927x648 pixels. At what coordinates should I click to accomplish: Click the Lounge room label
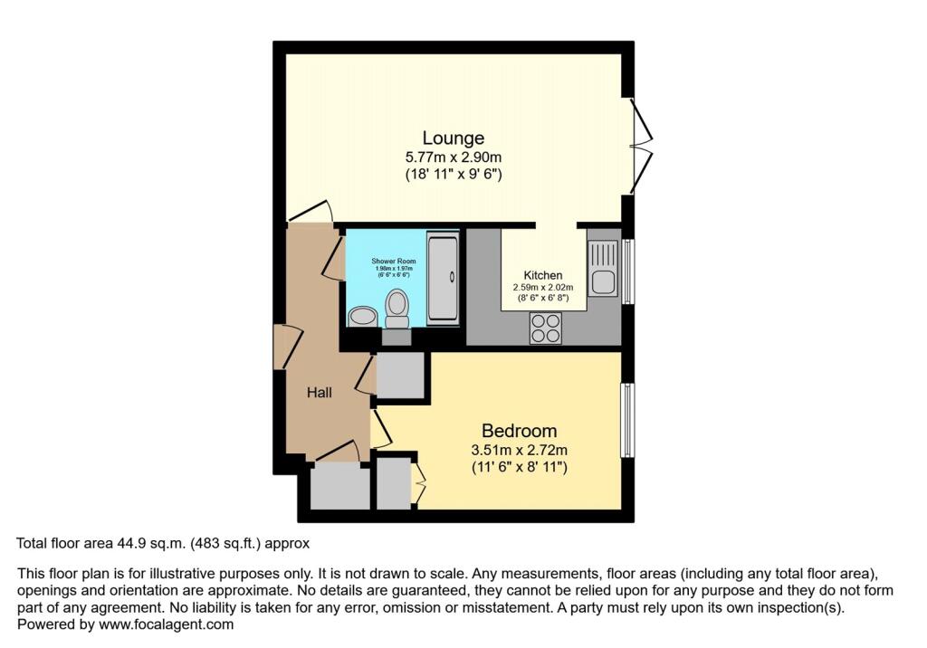(454, 138)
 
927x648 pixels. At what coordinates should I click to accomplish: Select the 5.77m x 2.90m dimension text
(454, 157)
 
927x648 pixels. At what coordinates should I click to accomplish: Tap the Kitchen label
(543, 275)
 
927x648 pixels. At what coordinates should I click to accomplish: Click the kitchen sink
(602, 269)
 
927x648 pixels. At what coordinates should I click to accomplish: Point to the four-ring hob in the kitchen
(545, 327)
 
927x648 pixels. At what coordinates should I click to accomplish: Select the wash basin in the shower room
(363, 316)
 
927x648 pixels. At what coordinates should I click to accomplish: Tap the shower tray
(444, 278)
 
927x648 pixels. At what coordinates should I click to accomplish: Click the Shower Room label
(393, 261)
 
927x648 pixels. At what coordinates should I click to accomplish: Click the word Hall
(318, 393)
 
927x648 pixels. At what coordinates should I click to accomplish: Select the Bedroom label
(519, 431)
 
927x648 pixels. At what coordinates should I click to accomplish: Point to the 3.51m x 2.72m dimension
(519, 450)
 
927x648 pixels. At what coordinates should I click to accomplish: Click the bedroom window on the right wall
(626, 420)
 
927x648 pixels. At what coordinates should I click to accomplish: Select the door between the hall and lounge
(310, 213)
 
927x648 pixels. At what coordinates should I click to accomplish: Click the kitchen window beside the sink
(627, 269)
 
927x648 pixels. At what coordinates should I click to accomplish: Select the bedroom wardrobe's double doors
(418, 483)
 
